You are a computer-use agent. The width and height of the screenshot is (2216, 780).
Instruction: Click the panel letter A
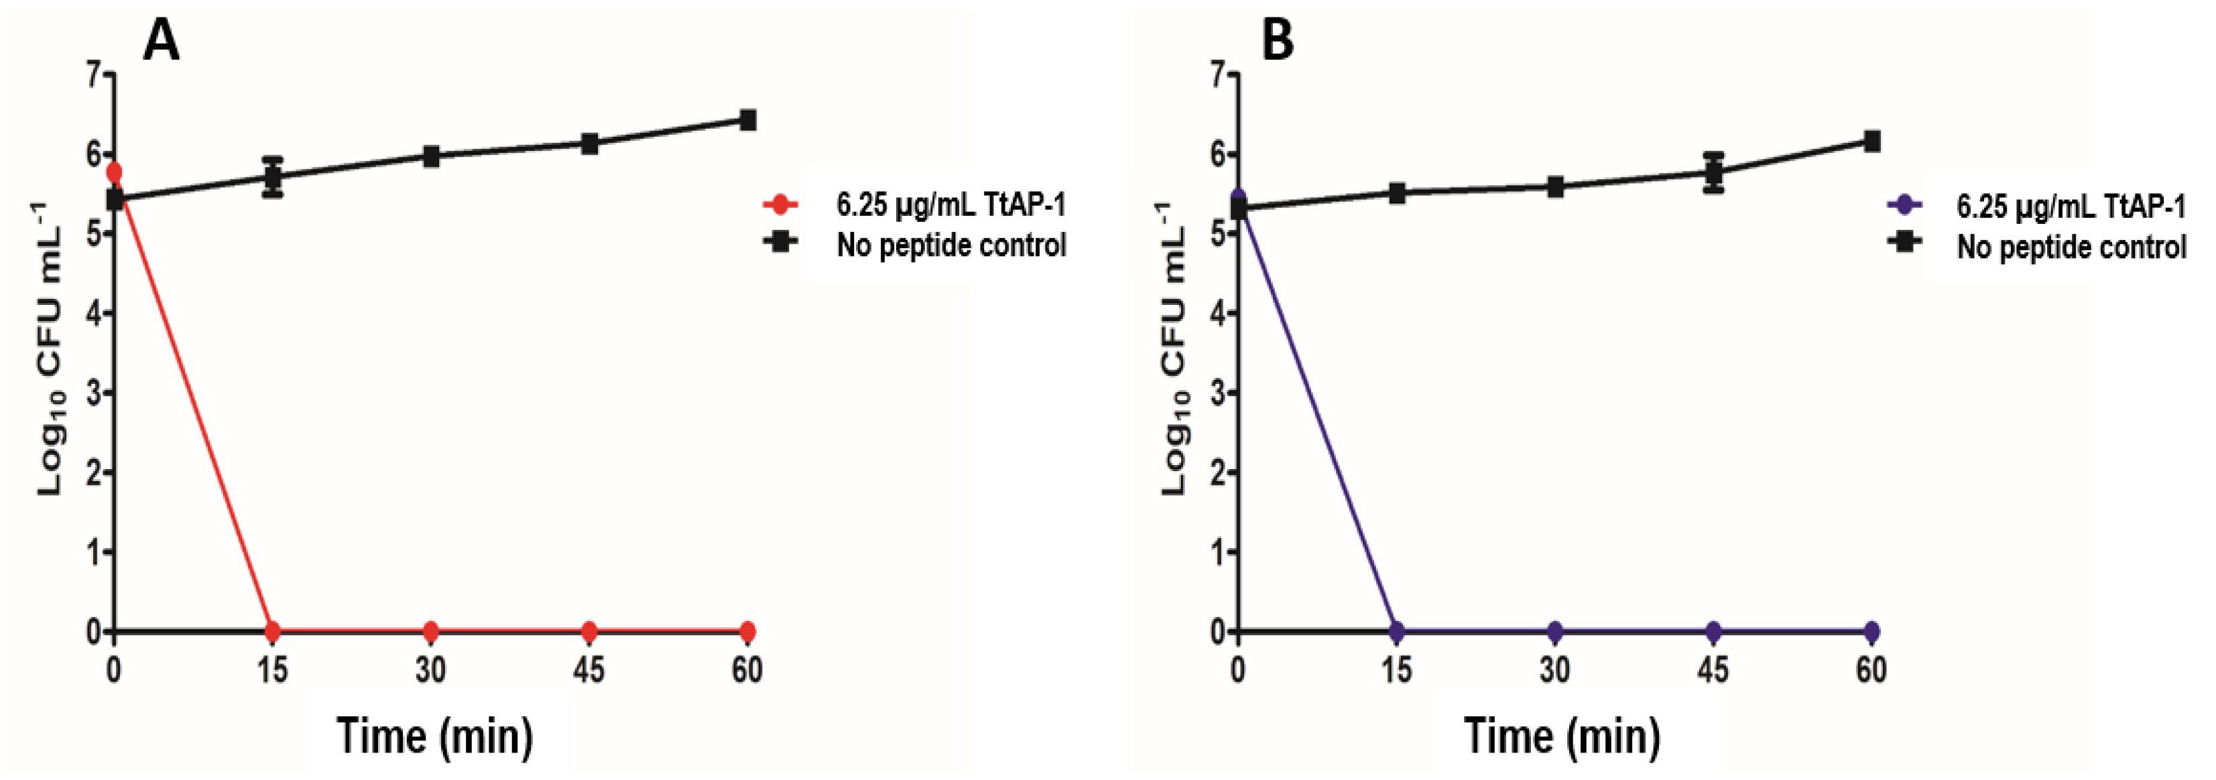[161, 40]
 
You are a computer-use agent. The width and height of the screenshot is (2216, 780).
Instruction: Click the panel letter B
[1277, 40]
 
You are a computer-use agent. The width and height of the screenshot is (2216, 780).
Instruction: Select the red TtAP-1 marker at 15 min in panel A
[273, 631]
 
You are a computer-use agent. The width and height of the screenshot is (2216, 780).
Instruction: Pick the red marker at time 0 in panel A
[113, 173]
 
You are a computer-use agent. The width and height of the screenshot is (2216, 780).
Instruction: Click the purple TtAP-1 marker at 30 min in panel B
[1554, 631]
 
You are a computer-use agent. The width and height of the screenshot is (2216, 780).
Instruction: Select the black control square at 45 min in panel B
[1713, 173]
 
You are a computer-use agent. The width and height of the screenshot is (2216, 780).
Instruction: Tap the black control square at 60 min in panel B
[1871, 141]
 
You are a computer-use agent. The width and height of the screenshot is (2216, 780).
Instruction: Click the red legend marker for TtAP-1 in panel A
[780, 204]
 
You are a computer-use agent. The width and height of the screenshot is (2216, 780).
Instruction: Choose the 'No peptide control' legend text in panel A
[950, 245]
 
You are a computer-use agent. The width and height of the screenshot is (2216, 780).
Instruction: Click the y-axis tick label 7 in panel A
[94, 76]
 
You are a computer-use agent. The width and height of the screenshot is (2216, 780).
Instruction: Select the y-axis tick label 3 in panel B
[1217, 393]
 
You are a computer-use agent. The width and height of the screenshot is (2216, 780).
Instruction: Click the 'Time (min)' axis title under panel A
[434, 736]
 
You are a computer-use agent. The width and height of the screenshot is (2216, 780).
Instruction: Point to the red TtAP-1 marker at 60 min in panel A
[747, 631]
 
